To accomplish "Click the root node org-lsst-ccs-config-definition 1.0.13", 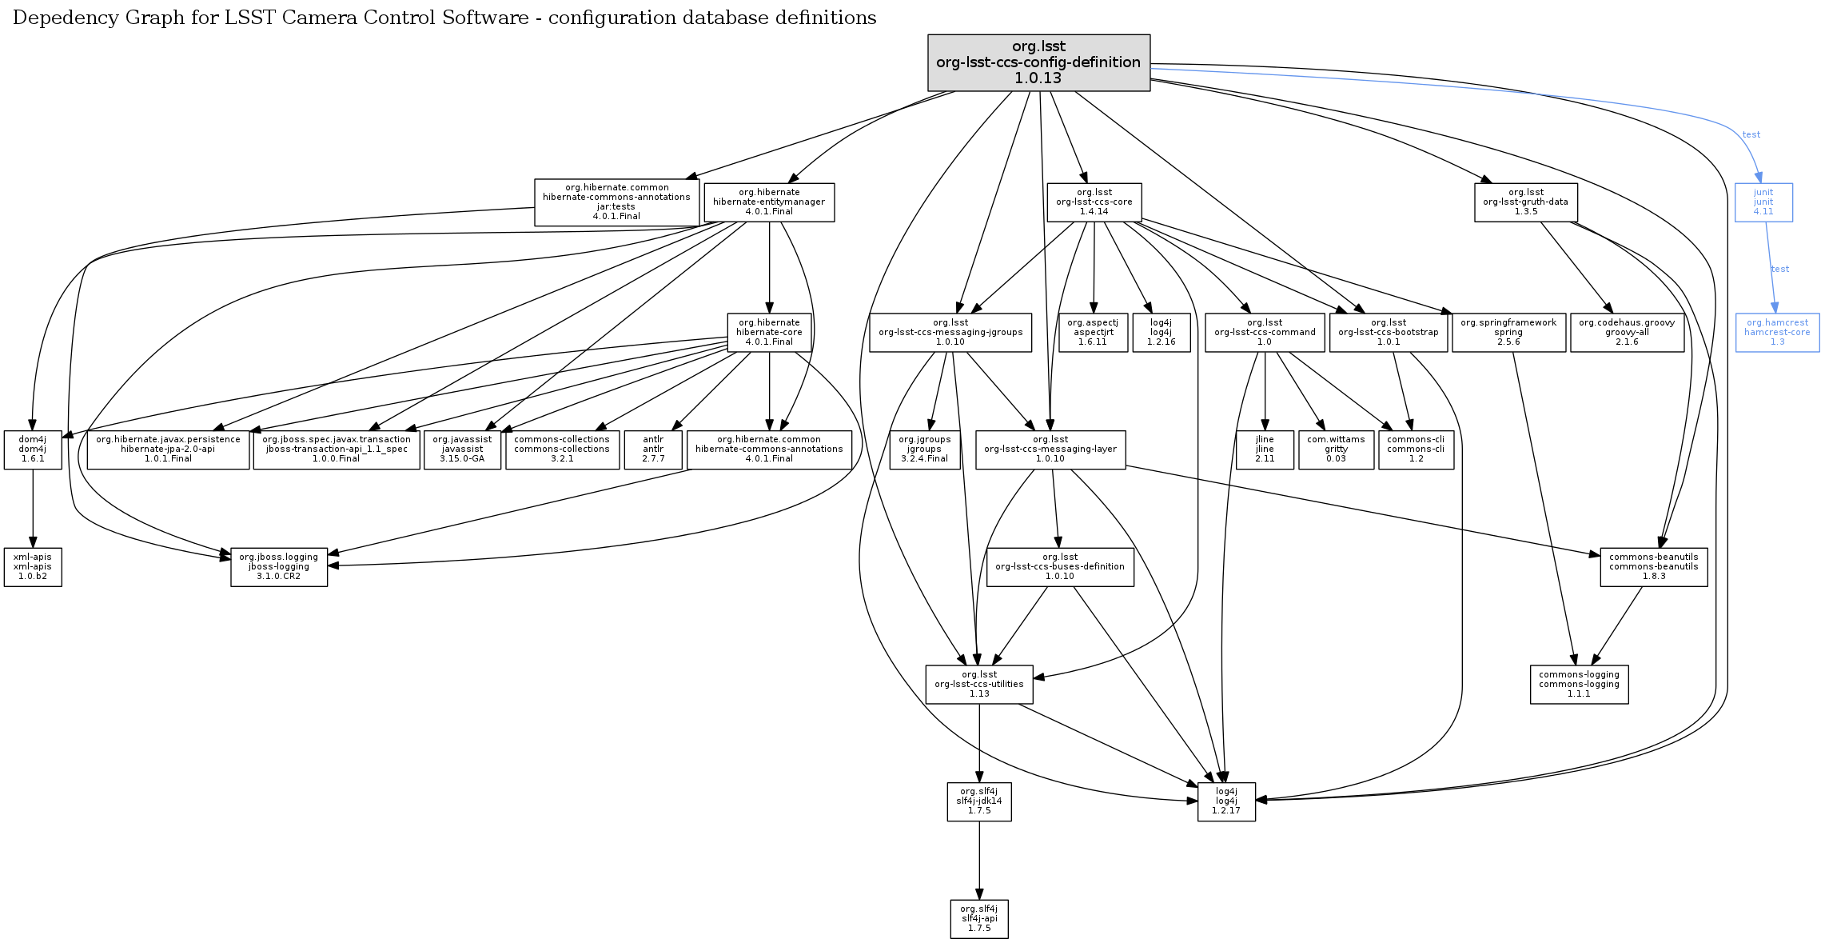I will pos(1038,62).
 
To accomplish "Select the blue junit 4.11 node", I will pos(1763,202).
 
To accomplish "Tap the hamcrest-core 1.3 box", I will pos(1776,333).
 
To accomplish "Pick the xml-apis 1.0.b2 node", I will pos(33,567).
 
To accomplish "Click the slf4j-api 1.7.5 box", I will pos(978,919).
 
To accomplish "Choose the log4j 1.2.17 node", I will pos(1225,801).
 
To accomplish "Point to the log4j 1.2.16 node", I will pos(1161,333).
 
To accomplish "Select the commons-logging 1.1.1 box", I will pos(1579,685).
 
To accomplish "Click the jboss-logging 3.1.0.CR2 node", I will pos(279,567).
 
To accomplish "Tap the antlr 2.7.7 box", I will pos(653,450).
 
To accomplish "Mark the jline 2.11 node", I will pos(1265,450).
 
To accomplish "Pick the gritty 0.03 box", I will pos(1336,450).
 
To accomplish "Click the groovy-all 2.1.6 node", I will pos(1626,333).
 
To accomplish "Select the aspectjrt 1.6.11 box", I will pos(1093,333).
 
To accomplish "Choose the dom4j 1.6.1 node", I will pos(33,450).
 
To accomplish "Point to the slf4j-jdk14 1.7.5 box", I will pos(978,801).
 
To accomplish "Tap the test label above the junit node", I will pos(1751,134).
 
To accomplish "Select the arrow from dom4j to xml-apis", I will pos(33,508).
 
